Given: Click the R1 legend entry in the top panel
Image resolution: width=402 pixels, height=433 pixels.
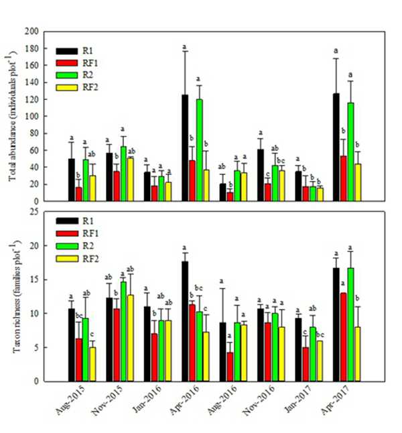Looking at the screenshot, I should point(81,50).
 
